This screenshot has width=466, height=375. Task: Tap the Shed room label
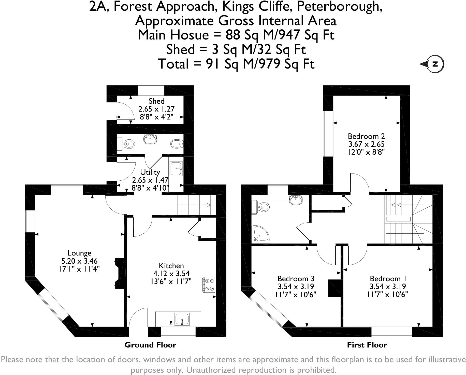[x=156, y=101]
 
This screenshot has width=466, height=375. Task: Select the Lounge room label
[x=79, y=253]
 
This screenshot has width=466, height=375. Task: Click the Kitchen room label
[x=171, y=266]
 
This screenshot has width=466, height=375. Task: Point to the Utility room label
[x=150, y=172]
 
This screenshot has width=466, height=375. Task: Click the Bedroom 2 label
[x=366, y=136]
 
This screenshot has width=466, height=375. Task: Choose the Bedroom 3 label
[x=296, y=278]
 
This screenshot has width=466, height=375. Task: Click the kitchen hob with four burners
[x=209, y=284]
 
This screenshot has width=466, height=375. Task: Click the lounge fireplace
[x=119, y=273]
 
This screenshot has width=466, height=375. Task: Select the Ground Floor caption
[x=150, y=345]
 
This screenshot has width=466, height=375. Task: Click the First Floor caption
[x=367, y=345]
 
